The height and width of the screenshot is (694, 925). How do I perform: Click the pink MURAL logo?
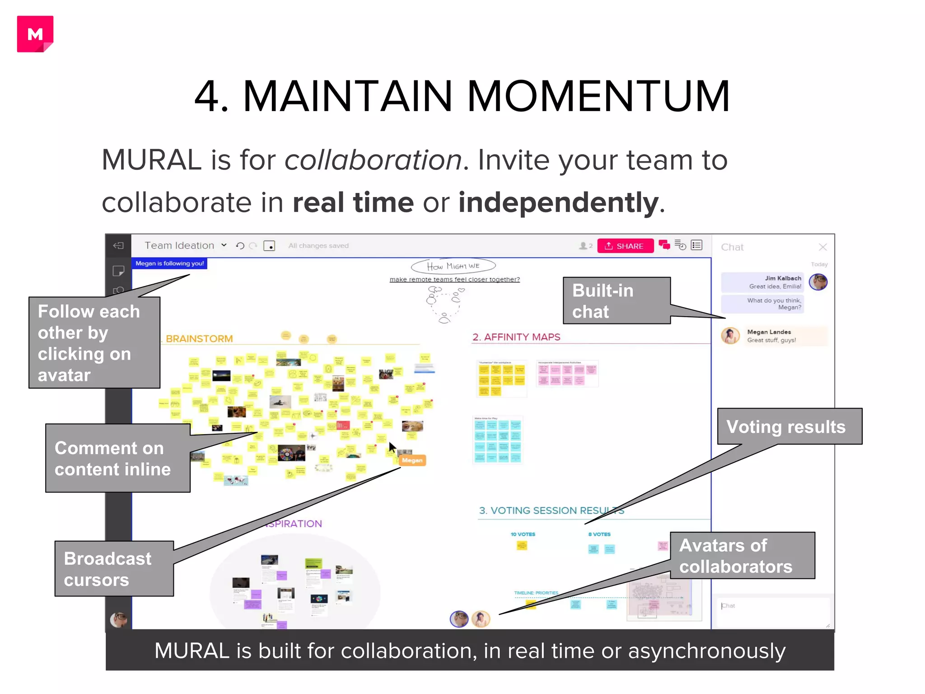pos(35,34)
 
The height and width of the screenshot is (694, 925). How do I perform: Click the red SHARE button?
pos(625,246)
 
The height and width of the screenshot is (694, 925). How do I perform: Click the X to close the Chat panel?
pos(822,247)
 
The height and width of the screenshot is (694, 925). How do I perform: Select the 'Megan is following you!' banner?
pos(169,263)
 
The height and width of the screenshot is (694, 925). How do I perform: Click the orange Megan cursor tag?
pos(412,460)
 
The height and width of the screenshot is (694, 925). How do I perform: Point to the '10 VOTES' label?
pos(523,534)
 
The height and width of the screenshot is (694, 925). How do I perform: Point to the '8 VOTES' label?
pos(599,534)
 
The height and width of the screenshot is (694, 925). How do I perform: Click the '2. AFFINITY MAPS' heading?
pos(516,337)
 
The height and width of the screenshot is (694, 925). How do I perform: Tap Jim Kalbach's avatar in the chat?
pos(818,282)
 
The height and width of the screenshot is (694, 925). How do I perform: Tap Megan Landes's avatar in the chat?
pos(730,336)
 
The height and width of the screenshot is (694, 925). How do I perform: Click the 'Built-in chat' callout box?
pos(616,301)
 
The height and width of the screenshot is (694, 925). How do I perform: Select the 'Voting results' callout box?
pos(789,427)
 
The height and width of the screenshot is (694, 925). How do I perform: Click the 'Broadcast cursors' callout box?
pos(114,569)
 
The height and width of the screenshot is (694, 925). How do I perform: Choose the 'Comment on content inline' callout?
pos(117,458)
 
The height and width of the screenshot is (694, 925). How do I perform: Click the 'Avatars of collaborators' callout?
pos(742,556)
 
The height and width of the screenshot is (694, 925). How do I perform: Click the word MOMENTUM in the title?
pos(598,96)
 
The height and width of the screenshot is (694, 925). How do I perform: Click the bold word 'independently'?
pos(558,202)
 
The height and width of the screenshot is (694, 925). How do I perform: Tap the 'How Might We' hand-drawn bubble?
pos(453,266)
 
